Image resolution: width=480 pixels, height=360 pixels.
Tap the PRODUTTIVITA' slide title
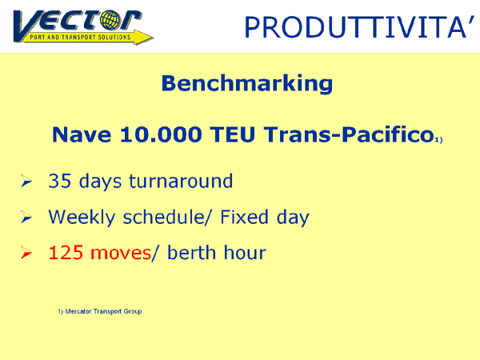coord(359,27)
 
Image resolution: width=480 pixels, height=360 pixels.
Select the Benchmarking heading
coord(247,83)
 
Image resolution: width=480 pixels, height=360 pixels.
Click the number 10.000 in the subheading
coord(161,134)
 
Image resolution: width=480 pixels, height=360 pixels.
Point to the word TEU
coord(233,134)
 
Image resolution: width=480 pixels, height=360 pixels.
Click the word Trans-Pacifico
coord(350,134)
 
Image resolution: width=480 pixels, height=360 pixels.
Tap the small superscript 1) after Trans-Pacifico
coord(439,139)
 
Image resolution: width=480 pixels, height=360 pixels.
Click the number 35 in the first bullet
coord(60,181)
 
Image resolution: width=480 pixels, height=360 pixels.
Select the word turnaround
coord(181,181)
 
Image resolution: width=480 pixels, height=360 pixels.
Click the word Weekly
coord(82,218)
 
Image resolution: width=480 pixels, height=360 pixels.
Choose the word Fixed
coord(244,217)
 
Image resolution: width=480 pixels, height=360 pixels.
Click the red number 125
coord(66,253)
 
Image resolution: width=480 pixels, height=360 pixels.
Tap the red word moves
coord(121,254)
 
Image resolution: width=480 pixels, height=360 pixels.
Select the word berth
coord(191,253)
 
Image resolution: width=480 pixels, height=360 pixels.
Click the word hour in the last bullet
coord(245,253)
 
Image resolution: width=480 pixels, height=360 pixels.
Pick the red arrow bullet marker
coord(26,253)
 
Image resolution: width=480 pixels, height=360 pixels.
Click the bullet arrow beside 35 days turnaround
coord(26,181)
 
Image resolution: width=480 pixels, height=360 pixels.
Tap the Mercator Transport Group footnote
coord(100,312)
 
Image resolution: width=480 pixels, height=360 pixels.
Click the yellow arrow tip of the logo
coord(153,38)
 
